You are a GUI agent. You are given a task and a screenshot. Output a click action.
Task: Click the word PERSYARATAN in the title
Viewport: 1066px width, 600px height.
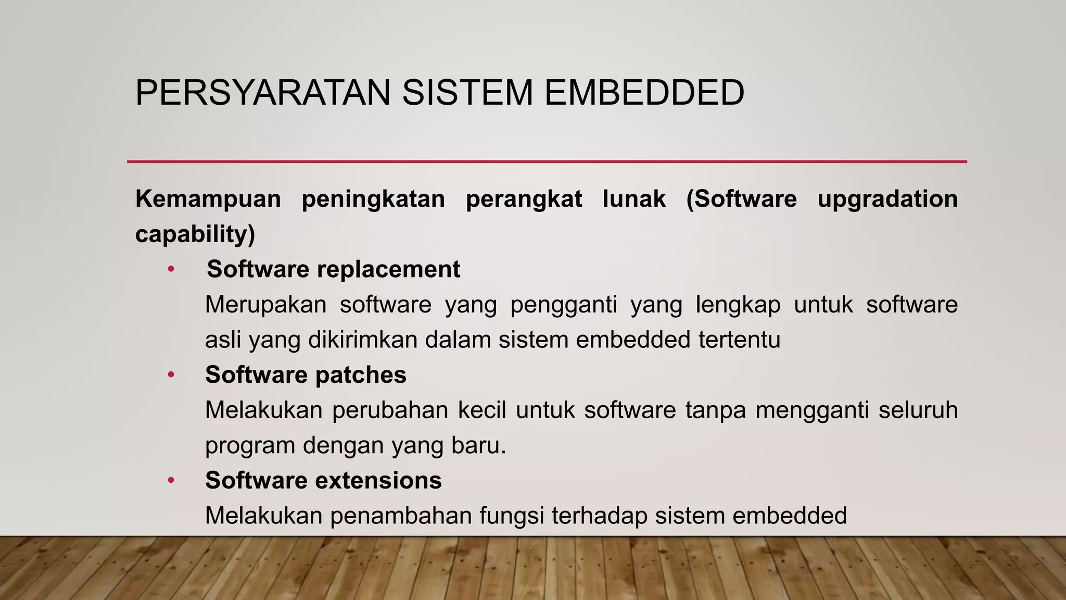[263, 93]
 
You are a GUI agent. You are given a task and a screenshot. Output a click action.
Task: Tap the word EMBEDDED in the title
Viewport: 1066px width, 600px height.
[644, 93]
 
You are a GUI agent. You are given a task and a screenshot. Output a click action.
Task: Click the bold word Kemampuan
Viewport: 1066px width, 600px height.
[208, 199]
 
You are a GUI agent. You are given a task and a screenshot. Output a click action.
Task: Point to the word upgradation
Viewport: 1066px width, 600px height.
[887, 199]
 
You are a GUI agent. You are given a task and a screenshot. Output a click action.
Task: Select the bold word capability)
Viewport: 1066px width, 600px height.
[195, 234]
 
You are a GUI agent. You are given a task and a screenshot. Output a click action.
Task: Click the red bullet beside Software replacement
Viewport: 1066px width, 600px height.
[171, 270]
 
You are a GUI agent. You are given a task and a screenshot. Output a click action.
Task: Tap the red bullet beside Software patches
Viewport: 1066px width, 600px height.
[171, 375]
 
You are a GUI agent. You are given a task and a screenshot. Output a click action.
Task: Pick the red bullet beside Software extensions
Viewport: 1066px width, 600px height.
[171, 481]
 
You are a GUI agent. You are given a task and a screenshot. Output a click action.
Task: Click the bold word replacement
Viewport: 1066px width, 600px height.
[388, 269]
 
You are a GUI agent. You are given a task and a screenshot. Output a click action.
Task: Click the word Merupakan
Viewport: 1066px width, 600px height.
[266, 305]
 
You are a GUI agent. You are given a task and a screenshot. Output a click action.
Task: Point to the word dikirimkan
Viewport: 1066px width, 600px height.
[363, 340]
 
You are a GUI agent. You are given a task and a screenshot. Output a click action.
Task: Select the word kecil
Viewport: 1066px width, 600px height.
[482, 410]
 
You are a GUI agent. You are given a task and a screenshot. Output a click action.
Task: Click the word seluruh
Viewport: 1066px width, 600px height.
[918, 410]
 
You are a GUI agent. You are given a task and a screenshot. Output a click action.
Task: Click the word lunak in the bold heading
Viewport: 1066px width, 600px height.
[634, 199]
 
